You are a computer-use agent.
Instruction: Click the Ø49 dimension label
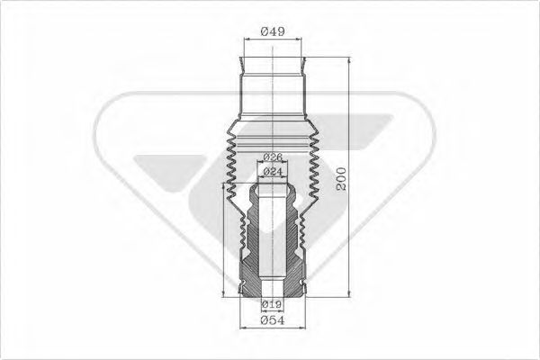pyautogui.click(x=274, y=31)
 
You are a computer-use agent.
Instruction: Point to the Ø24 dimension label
pyautogui.click(x=273, y=171)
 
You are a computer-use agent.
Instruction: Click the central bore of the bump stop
pyautogui.click(x=273, y=243)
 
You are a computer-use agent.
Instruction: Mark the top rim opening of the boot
pyautogui.click(x=274, y=63)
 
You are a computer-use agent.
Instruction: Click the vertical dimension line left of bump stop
pyautogui.click(x=223, y=238)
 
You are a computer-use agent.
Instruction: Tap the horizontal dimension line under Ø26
pyautogui.click(x=273, y=164)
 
